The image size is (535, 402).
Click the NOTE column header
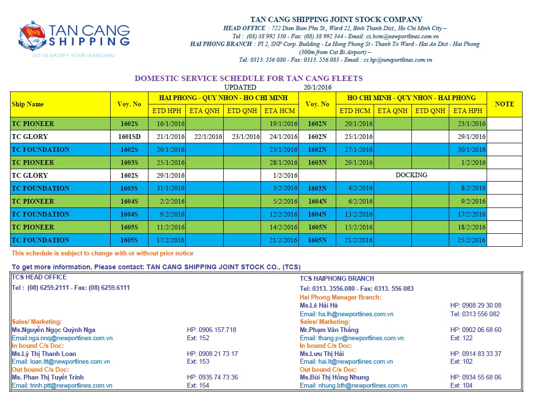tap(504, 104)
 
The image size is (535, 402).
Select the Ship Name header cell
tap(28, 104)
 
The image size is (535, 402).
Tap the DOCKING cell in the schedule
tap(411, 175)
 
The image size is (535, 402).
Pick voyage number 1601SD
tap(129, 137)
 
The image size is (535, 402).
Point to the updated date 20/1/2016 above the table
tap(318, 87)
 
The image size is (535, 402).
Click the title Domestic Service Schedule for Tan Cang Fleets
tap(249, 78)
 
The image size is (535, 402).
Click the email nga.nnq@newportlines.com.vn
tap(62, 338)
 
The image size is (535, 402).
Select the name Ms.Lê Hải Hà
tap(319, 305)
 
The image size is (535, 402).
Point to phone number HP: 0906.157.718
tap(211, 330)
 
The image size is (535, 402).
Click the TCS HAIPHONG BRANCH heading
tap(337, 278)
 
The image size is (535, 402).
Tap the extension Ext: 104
tap(461, 385)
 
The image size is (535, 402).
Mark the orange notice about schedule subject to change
tap(102, 253)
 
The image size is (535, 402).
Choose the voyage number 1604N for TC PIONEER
tap(317, 201)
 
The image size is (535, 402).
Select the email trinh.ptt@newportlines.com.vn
tap(62, 385)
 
